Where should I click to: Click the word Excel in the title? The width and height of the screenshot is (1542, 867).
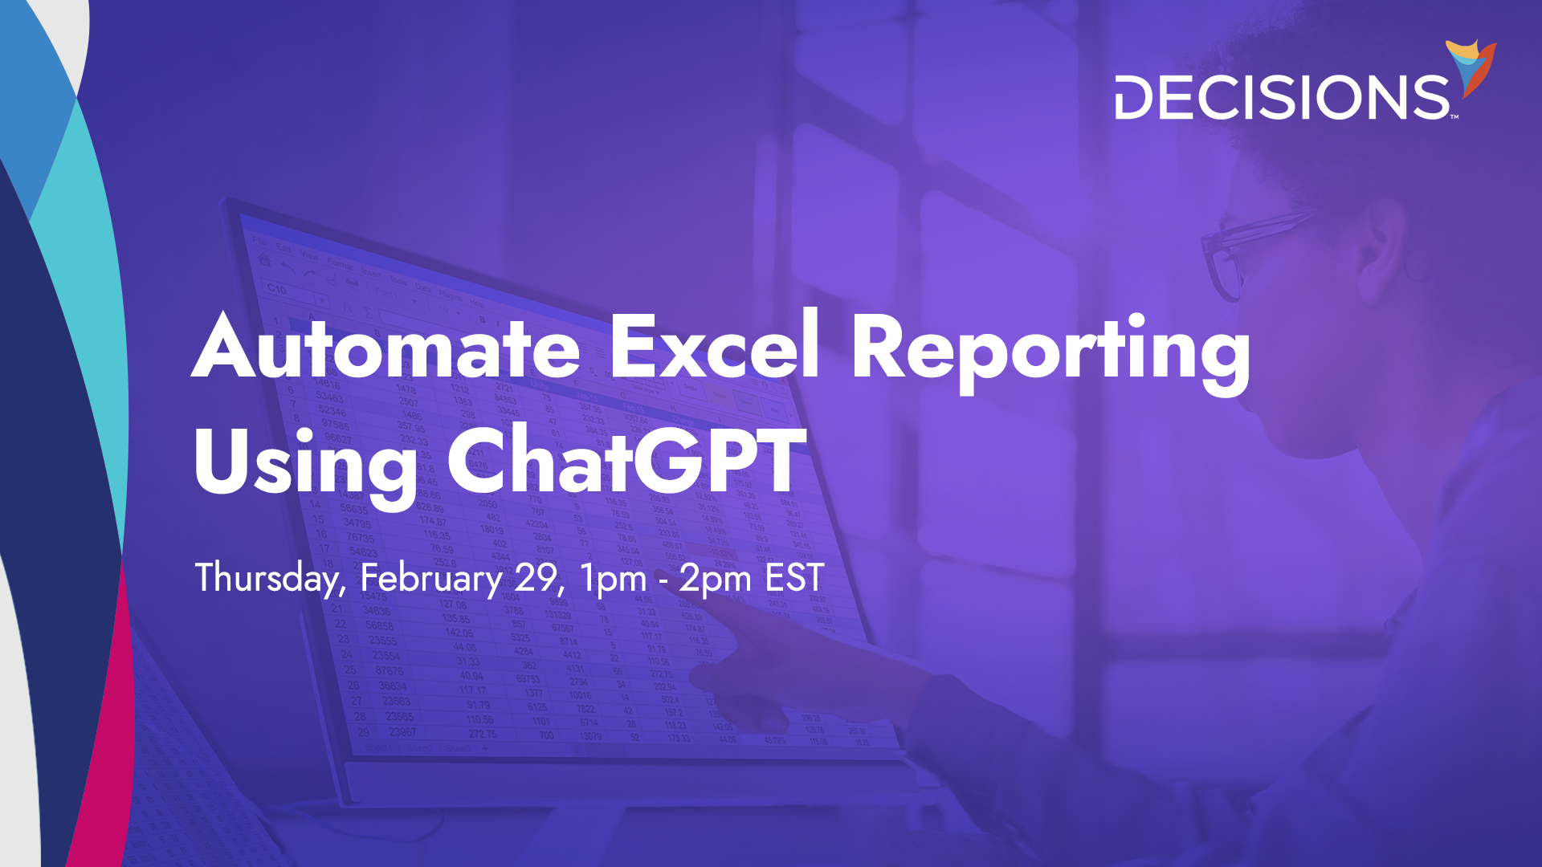pyautogui.click(x=714, y=347)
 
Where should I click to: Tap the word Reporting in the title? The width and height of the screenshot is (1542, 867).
pyautogui.click(x=1050, y=352)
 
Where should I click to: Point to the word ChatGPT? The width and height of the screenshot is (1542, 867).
pyautogui.click(x=626, y=461)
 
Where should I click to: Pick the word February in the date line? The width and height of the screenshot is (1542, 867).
pyautogui.click(x=431, y=578)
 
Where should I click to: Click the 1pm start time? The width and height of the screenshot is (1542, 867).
pyautogui.click(x=613, y=579)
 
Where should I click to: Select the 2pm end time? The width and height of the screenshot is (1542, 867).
pyautogui.click(x=715, y=579)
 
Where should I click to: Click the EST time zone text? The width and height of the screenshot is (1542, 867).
pyautogui.click(x=794, y=578)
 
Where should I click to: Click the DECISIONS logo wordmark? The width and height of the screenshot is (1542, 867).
pyautogui.click(x=1282, y=98)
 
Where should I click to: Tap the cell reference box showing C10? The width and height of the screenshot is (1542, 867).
pyautogui.click(x=277, y=288)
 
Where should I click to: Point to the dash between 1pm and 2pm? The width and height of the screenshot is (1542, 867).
pyautogui.click(x=663, y=580)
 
